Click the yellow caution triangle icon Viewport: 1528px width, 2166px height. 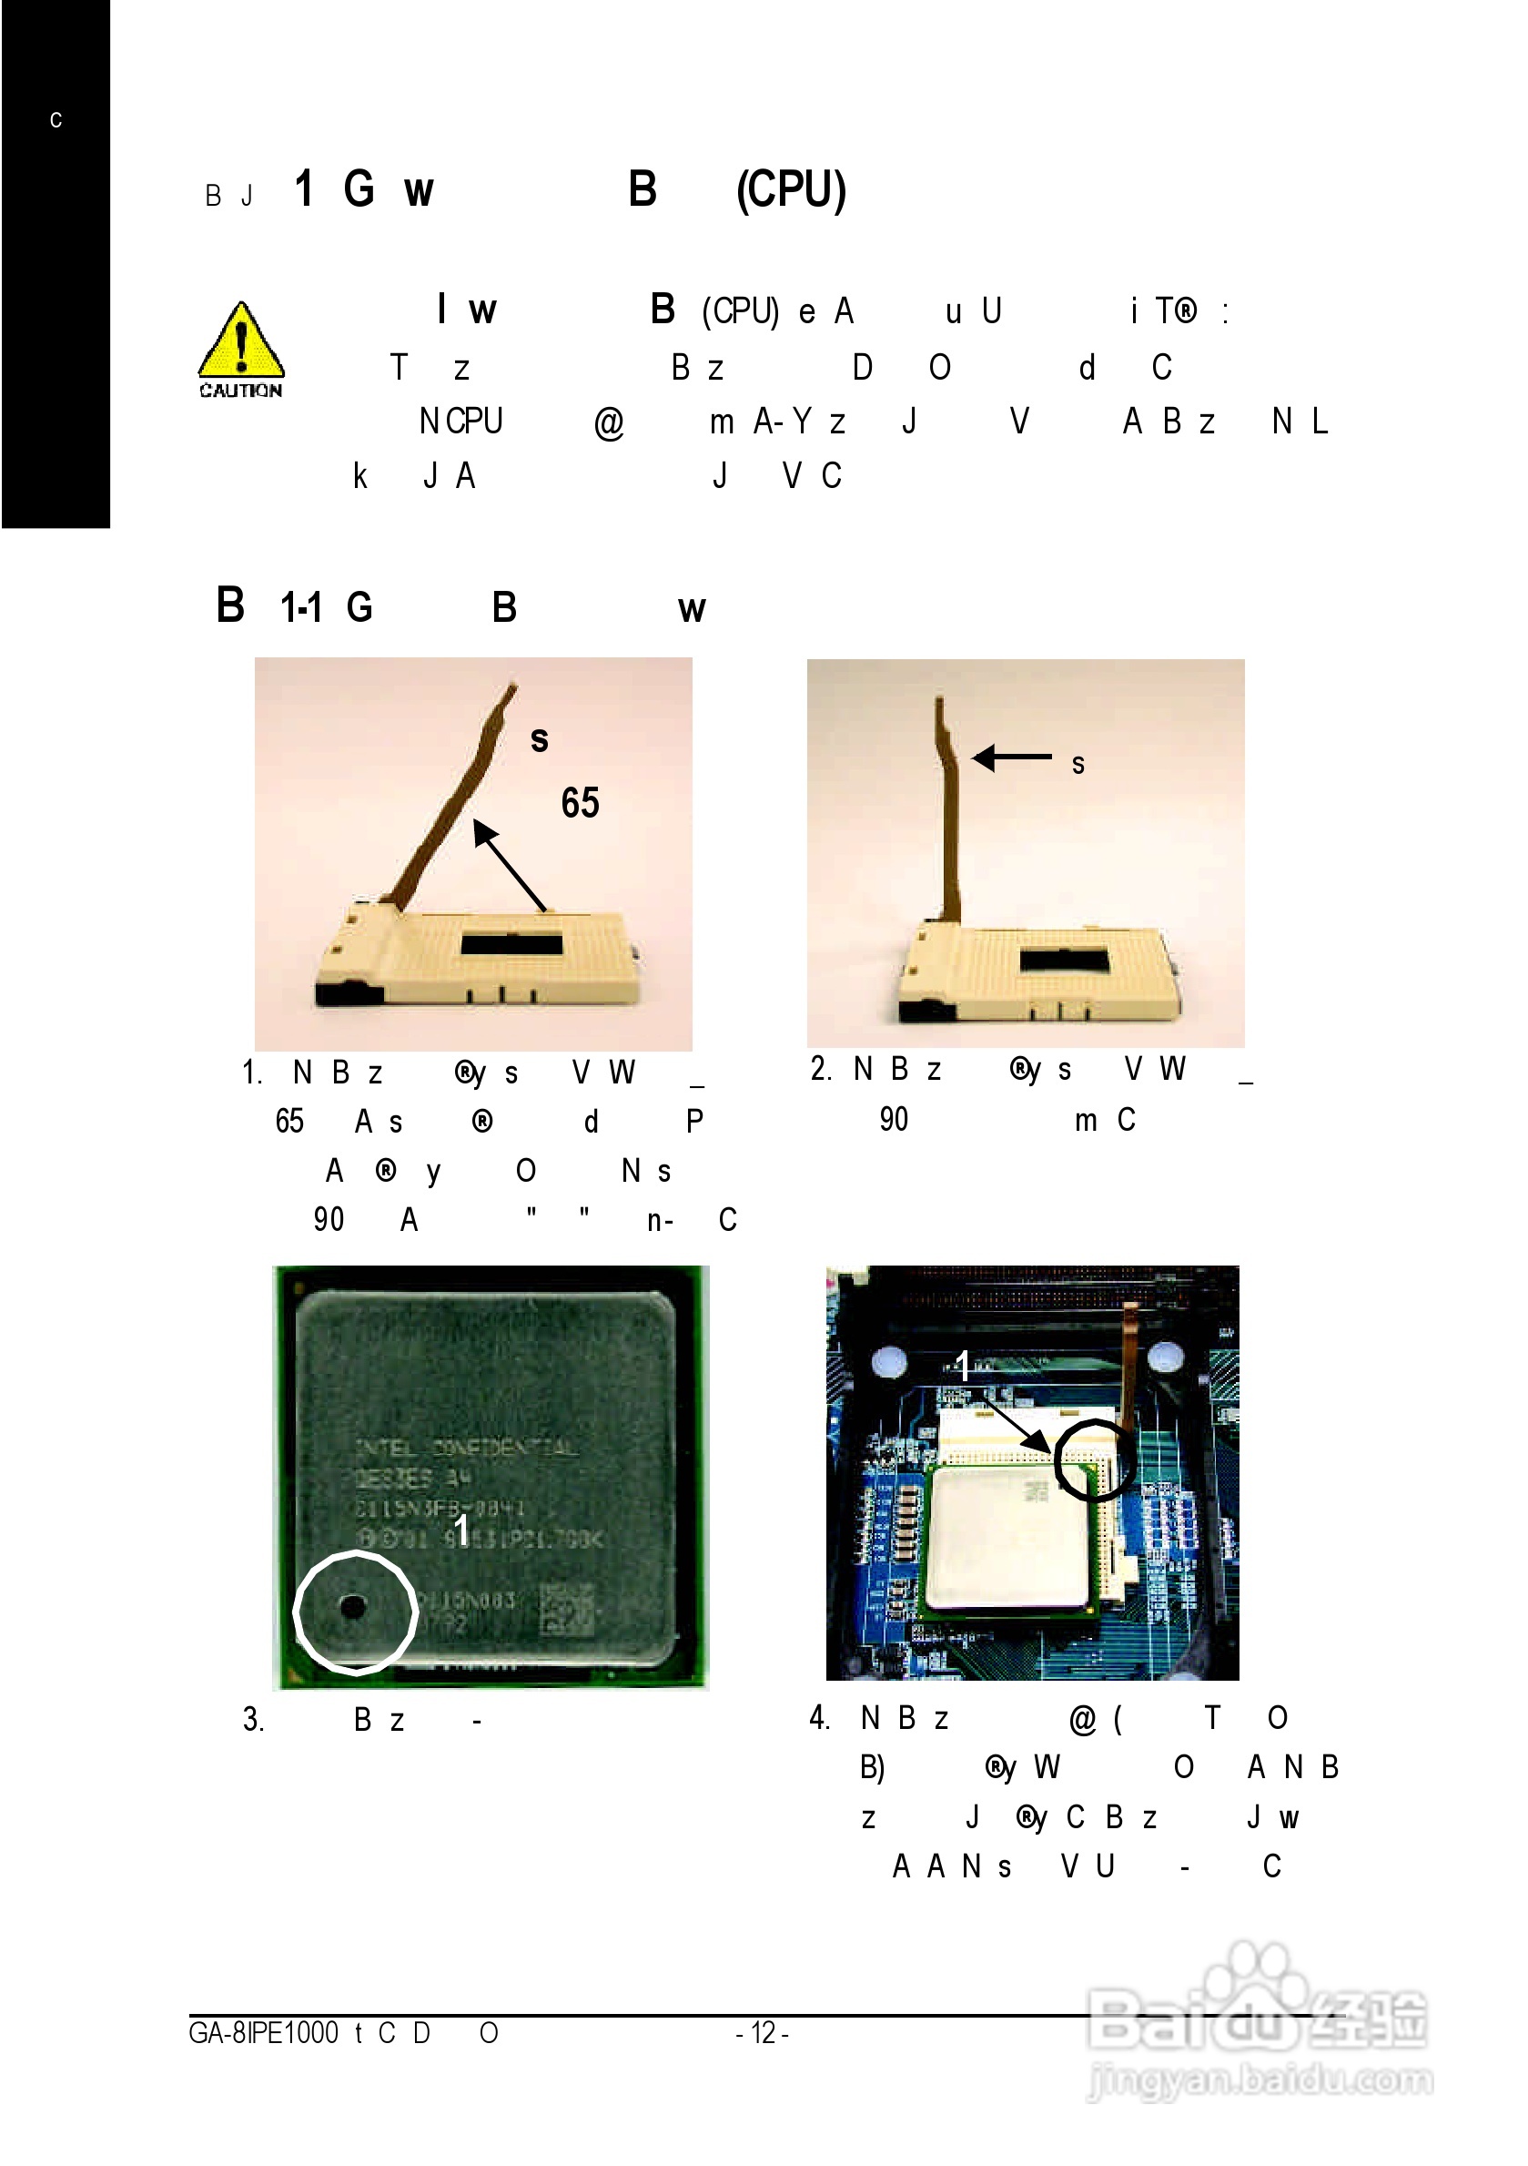(x=240, y=341)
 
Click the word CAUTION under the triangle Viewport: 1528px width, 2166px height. (x=240, y=391)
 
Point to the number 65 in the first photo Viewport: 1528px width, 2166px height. (x=580, y=803)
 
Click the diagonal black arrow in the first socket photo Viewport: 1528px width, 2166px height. (x=510, y=865)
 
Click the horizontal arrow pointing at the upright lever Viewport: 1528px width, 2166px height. (x=1011, y=757)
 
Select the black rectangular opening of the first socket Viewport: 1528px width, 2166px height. (x=511, y=944)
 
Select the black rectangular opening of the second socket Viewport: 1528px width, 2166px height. (x=1063, y=961)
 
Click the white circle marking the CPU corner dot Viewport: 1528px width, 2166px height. (x=355, y=1612)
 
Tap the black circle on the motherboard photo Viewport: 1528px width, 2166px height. (x=1093, y=1459)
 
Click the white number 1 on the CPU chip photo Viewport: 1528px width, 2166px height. (x=461, y=1530)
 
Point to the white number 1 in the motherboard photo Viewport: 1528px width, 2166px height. (x=962, y=1365)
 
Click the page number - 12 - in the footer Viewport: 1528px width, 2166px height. (x=762, y=2033)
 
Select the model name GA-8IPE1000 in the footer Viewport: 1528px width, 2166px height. (x=263, y=2033)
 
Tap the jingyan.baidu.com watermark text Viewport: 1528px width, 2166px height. (x=1260, y=2080)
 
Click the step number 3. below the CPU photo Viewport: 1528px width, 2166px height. (x=253, y=1720)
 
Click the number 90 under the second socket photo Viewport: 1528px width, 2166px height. (x=893, y=1120)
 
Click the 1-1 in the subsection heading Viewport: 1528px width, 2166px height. (x=301, y=607)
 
